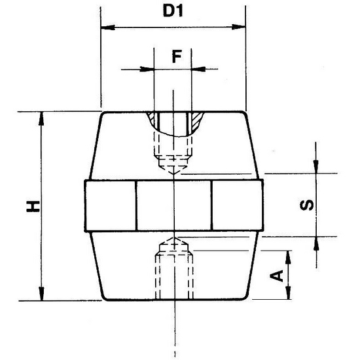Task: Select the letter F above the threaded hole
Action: pyautogui.click(x=175, y=56)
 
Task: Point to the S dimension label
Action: pyautogui.click(x=306, y=205)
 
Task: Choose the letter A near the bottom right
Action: pyautogui.click(x=278, y=276)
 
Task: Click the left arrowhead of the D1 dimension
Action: pyautogui.click(x=105, y=27)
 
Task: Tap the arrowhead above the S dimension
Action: pyautogui.click(x=317, y=168)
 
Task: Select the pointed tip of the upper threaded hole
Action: pyautogui.click(x=173, y=173)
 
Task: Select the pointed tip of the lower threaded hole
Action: pyautogui.click(x=173, y=238)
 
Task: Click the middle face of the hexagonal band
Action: pyautogui.click(x=174, y=205)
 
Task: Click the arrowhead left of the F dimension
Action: pyautogui.click(x=148, y=67)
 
